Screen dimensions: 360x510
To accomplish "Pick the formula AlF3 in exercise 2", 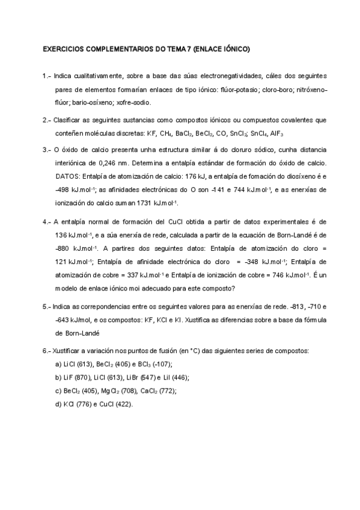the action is click(276, 133).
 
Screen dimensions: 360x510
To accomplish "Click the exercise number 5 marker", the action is click(47, 306).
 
